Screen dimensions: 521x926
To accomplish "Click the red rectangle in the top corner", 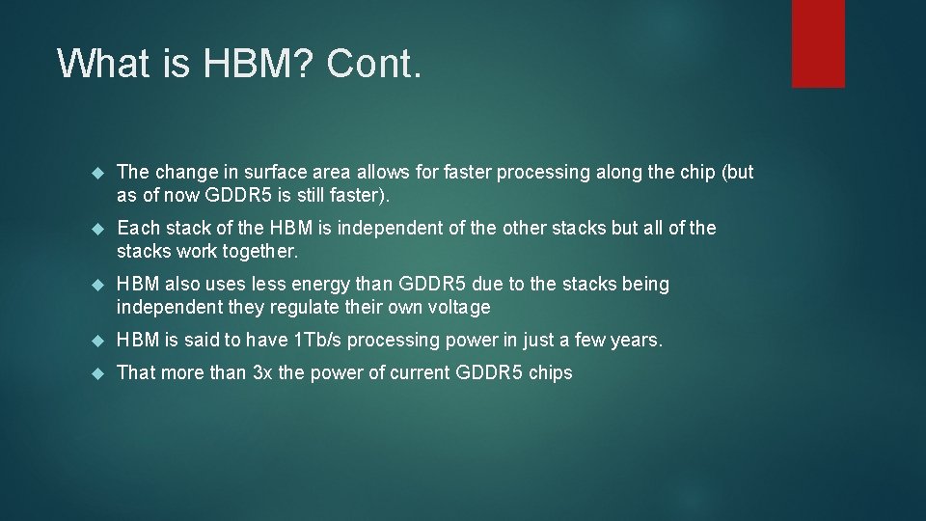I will coord(818,43).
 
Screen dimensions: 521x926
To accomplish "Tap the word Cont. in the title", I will coord(374,64).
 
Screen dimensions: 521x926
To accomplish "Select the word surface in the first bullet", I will coord(277,173).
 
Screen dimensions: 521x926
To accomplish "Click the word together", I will coord(263,252).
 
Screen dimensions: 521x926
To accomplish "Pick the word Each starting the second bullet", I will coord(136,229).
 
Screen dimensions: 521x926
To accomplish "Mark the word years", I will coord(637,341).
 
